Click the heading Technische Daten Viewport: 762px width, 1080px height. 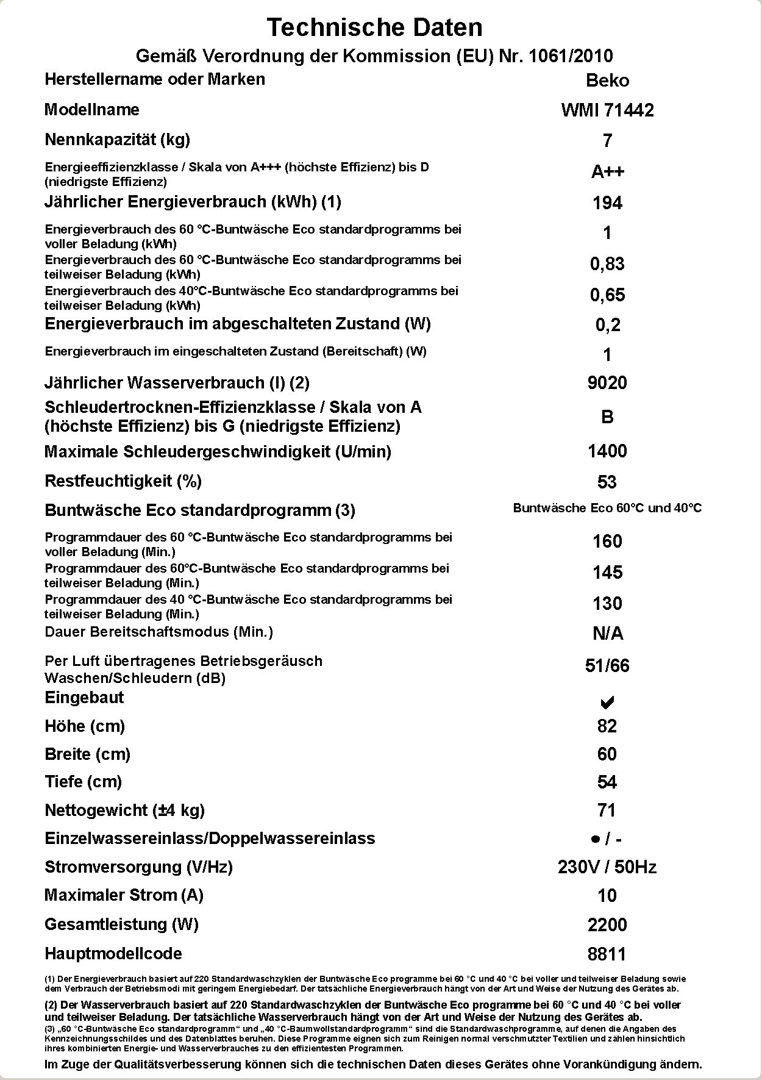point(374,27)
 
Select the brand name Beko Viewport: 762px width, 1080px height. point(607,80)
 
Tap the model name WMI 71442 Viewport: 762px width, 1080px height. point(607,110)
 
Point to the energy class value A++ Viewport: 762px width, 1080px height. point(607,172)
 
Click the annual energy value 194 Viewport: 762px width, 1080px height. point(607,203)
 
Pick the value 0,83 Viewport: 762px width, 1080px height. point(607,264)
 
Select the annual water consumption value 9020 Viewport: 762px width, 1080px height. point(607,383)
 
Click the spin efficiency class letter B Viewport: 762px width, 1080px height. point(607,417)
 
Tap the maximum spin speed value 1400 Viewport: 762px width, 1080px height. point(607,451)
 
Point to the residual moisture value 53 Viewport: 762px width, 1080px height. point(607,482)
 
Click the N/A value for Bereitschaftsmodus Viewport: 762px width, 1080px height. point(608,634)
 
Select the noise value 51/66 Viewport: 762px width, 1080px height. point(607,666)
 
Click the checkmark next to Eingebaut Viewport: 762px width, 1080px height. point(607,703)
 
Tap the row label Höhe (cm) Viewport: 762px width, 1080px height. point(85,726)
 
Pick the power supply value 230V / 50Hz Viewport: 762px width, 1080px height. point(607,867)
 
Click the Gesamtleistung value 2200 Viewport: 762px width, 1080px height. point(607,925)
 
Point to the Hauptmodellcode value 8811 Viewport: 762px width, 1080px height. point(607,954)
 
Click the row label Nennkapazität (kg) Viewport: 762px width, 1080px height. point(117,140)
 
